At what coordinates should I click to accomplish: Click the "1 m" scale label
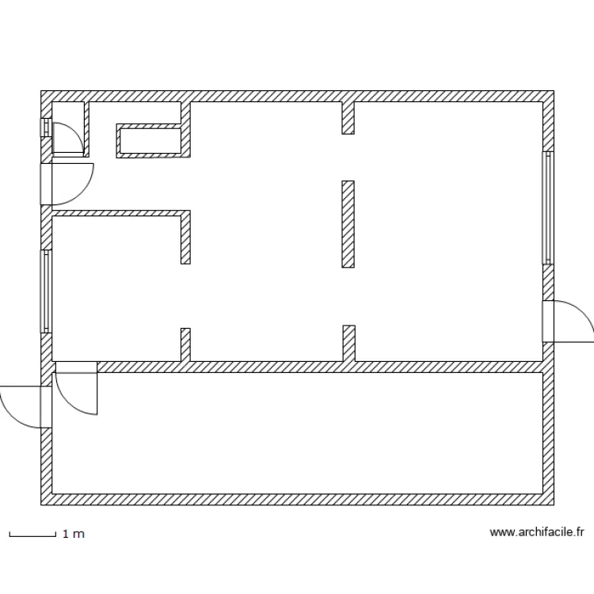[x=73, y=535]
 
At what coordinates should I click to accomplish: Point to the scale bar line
[x=32, y=536]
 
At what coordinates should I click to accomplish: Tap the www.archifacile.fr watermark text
[x=537, y=533]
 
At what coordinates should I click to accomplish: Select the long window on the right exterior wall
[x=547, y=208]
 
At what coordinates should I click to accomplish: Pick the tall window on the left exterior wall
[x=46, y=291]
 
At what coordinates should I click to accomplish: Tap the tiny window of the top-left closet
[x=45, y=128]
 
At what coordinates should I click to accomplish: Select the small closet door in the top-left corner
[x=67, y=141]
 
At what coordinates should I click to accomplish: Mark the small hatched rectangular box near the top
[x=149, y=141]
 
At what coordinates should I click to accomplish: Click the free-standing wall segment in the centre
[x=348, y=224]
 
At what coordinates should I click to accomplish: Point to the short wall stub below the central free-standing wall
[x=348, y=342]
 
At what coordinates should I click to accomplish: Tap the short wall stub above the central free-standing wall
[x=348, y=117]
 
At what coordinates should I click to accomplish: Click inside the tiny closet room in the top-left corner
[x=68, y=119]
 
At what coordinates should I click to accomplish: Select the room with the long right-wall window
[x=447, y=230]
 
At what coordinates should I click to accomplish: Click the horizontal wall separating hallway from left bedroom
[x=119, y=213]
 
